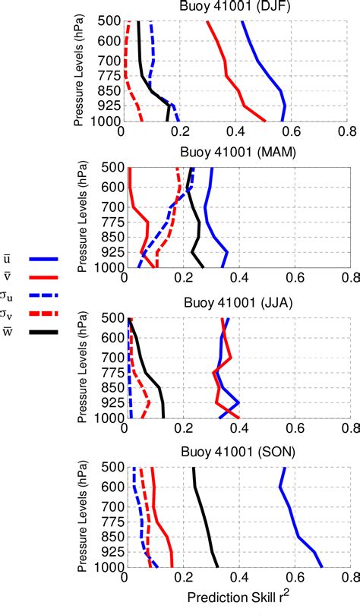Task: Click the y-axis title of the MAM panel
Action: (80, 219)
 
